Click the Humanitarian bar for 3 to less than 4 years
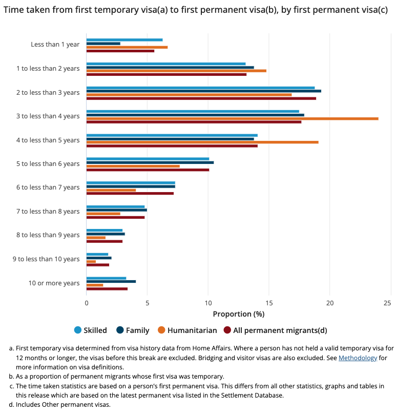[233, 119]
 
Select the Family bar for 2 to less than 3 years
[204, 91]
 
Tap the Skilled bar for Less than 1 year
[124, 40]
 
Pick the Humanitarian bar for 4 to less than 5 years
[202, 142]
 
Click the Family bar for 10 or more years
[111, 282]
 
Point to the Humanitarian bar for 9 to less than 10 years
[91, 261]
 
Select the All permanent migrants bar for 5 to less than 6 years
[148, 170]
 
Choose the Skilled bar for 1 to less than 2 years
[166, 64]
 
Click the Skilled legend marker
[78, 330]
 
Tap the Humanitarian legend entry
[187, 330]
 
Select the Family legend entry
[133, 330]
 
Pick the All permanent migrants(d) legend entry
[275, 330]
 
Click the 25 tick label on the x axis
[387, 303]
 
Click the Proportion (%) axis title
[239, 314]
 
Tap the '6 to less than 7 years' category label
[48, 187]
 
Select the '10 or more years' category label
[54, 283]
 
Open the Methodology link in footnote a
[358, 358]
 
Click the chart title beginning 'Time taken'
[196, 10]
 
